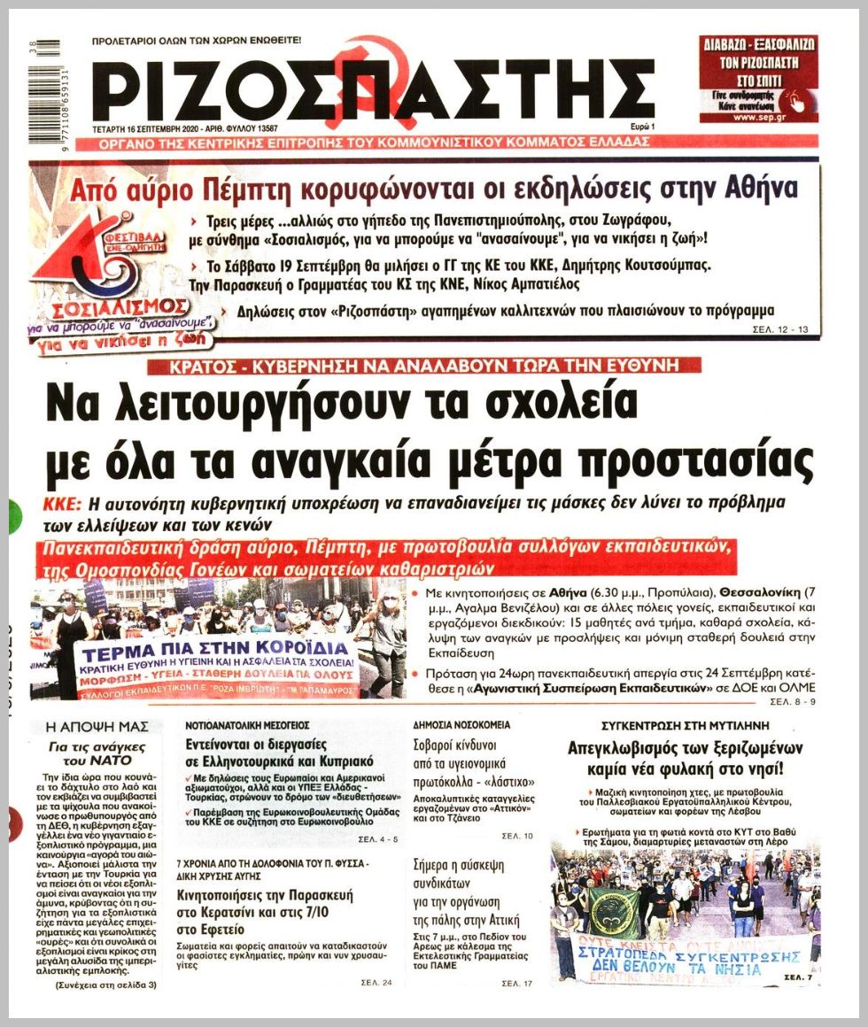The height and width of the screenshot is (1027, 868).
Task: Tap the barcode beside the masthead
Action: (43, 89)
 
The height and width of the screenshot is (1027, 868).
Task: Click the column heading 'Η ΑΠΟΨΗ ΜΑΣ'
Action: (97, 727)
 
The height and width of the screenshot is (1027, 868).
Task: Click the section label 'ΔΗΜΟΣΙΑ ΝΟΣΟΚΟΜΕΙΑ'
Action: (462, 724)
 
